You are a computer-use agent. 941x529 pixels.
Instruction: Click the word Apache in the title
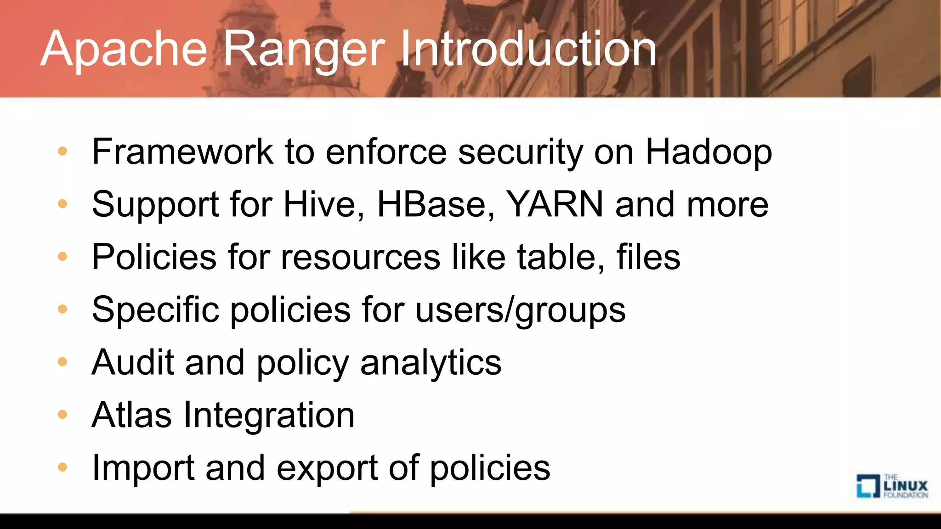click(x=124, y=49)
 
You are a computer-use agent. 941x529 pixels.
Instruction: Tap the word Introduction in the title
click(x=528, y=49)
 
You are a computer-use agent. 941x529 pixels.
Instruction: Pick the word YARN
click(x=554, y=204)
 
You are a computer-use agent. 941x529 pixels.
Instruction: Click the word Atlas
click(x=131, y=415)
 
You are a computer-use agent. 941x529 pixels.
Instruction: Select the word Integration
click(x=269, y=415)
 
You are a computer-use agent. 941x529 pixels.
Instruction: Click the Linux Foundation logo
click(x=892, y=486)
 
